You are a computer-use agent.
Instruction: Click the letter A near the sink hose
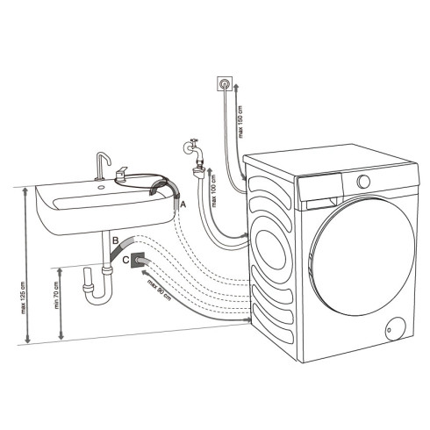(183, 204)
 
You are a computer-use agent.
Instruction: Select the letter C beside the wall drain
(126, 261)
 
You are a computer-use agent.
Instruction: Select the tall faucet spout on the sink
(102, 164)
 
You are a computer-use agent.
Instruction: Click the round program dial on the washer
(363, 181)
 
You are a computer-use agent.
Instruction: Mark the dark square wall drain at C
(139, 262)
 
